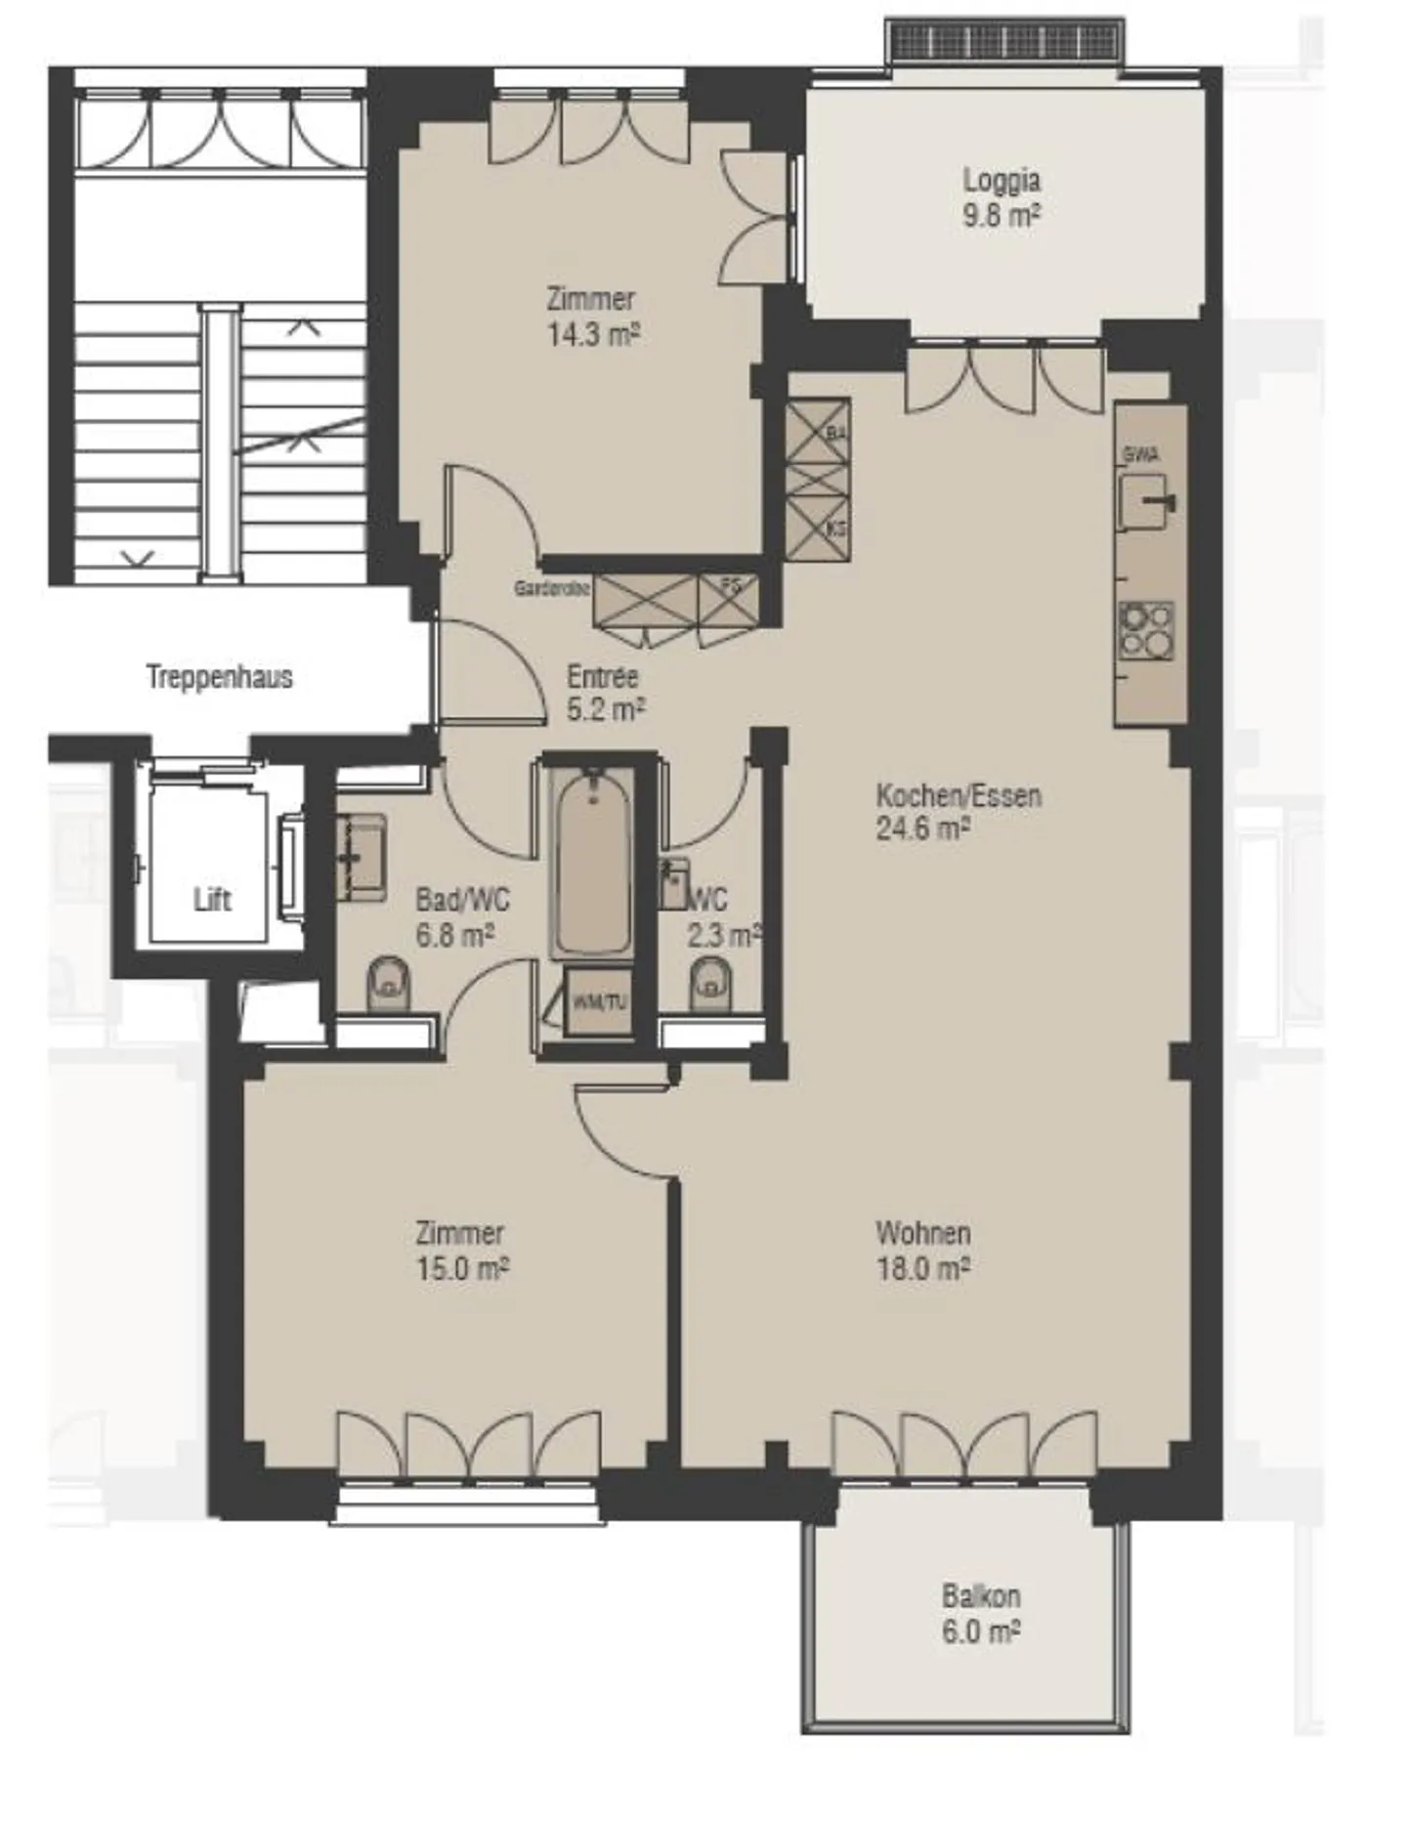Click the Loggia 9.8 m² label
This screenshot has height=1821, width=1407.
tap(1001, 197)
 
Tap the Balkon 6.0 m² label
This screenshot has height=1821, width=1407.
tap(981, 1614)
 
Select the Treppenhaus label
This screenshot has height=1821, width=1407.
tap(220, 677)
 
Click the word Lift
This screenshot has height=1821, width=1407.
tap(212, 899)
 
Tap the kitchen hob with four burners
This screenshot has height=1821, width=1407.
tap(1146, 631)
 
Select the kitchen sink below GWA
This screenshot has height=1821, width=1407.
tap(1146, 502)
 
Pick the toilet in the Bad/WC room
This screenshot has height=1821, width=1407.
tap(389, 984)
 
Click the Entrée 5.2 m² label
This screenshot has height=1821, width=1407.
tap(605, 693)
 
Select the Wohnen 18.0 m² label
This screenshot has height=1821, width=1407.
tap(922, 1250)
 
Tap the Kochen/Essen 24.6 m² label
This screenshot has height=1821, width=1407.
tap(958, 812)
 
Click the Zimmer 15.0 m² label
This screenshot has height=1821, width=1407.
tap(461, 1250)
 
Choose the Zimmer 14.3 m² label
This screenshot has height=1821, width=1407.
tap(592, 317)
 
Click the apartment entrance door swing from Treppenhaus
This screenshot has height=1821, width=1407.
tap(489, 674)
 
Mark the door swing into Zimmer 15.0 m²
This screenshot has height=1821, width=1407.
tap(620, 1128)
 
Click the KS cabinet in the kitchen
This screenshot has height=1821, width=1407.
tap(819, 528)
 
